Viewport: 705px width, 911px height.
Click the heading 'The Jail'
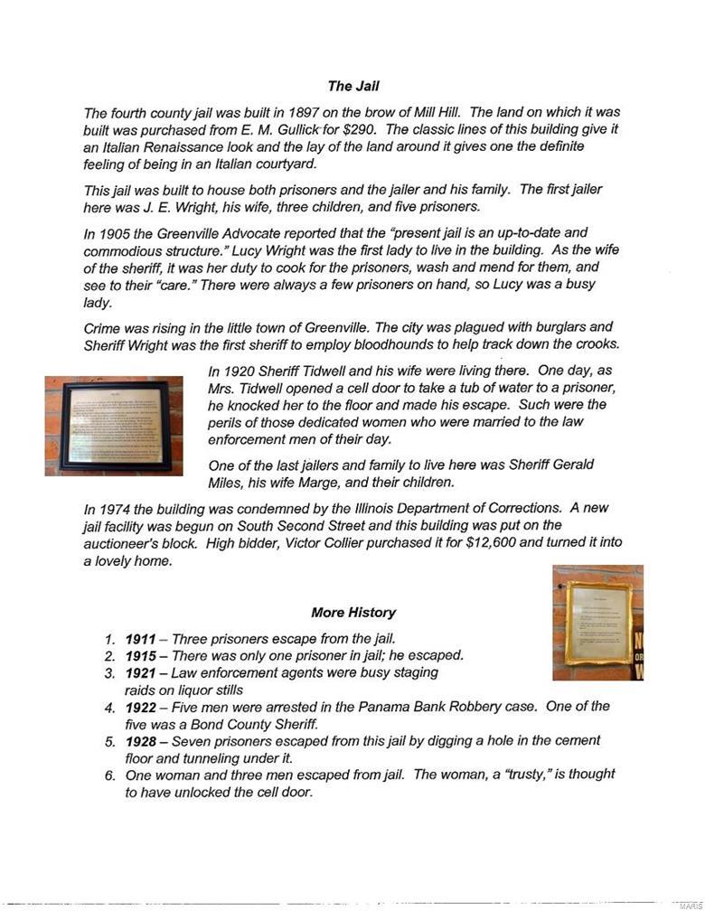353,87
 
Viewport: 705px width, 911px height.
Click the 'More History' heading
353,612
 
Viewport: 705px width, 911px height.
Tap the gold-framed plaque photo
597,622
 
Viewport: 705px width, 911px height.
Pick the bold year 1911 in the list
140,639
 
